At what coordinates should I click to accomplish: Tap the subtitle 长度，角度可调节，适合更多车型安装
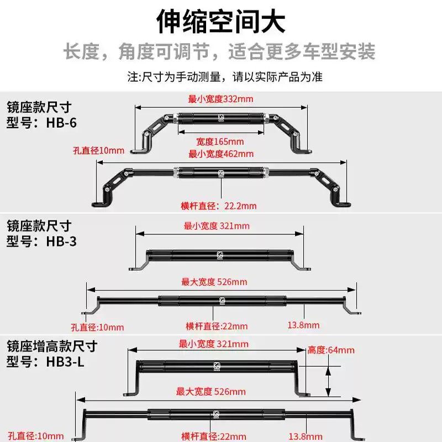tap(220, 52)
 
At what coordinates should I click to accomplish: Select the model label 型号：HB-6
tap(41, 122)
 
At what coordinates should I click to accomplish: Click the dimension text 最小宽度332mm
tap(220, 99)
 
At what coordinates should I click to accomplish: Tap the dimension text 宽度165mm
tap(220, 142)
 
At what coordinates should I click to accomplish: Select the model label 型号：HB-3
tap(41, 241)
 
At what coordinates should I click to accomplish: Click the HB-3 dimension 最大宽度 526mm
tap(214, 282)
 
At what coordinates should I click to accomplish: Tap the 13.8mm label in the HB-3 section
tap(303, 325)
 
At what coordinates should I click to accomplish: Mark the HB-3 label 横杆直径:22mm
tap(217, 326)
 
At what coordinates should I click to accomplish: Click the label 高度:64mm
tap(331, 350)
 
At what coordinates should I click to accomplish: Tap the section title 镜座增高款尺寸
tap(52, 346)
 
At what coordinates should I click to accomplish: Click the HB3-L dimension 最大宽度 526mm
tap(211, 392)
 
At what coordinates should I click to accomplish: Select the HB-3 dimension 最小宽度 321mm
tap(216, 225)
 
